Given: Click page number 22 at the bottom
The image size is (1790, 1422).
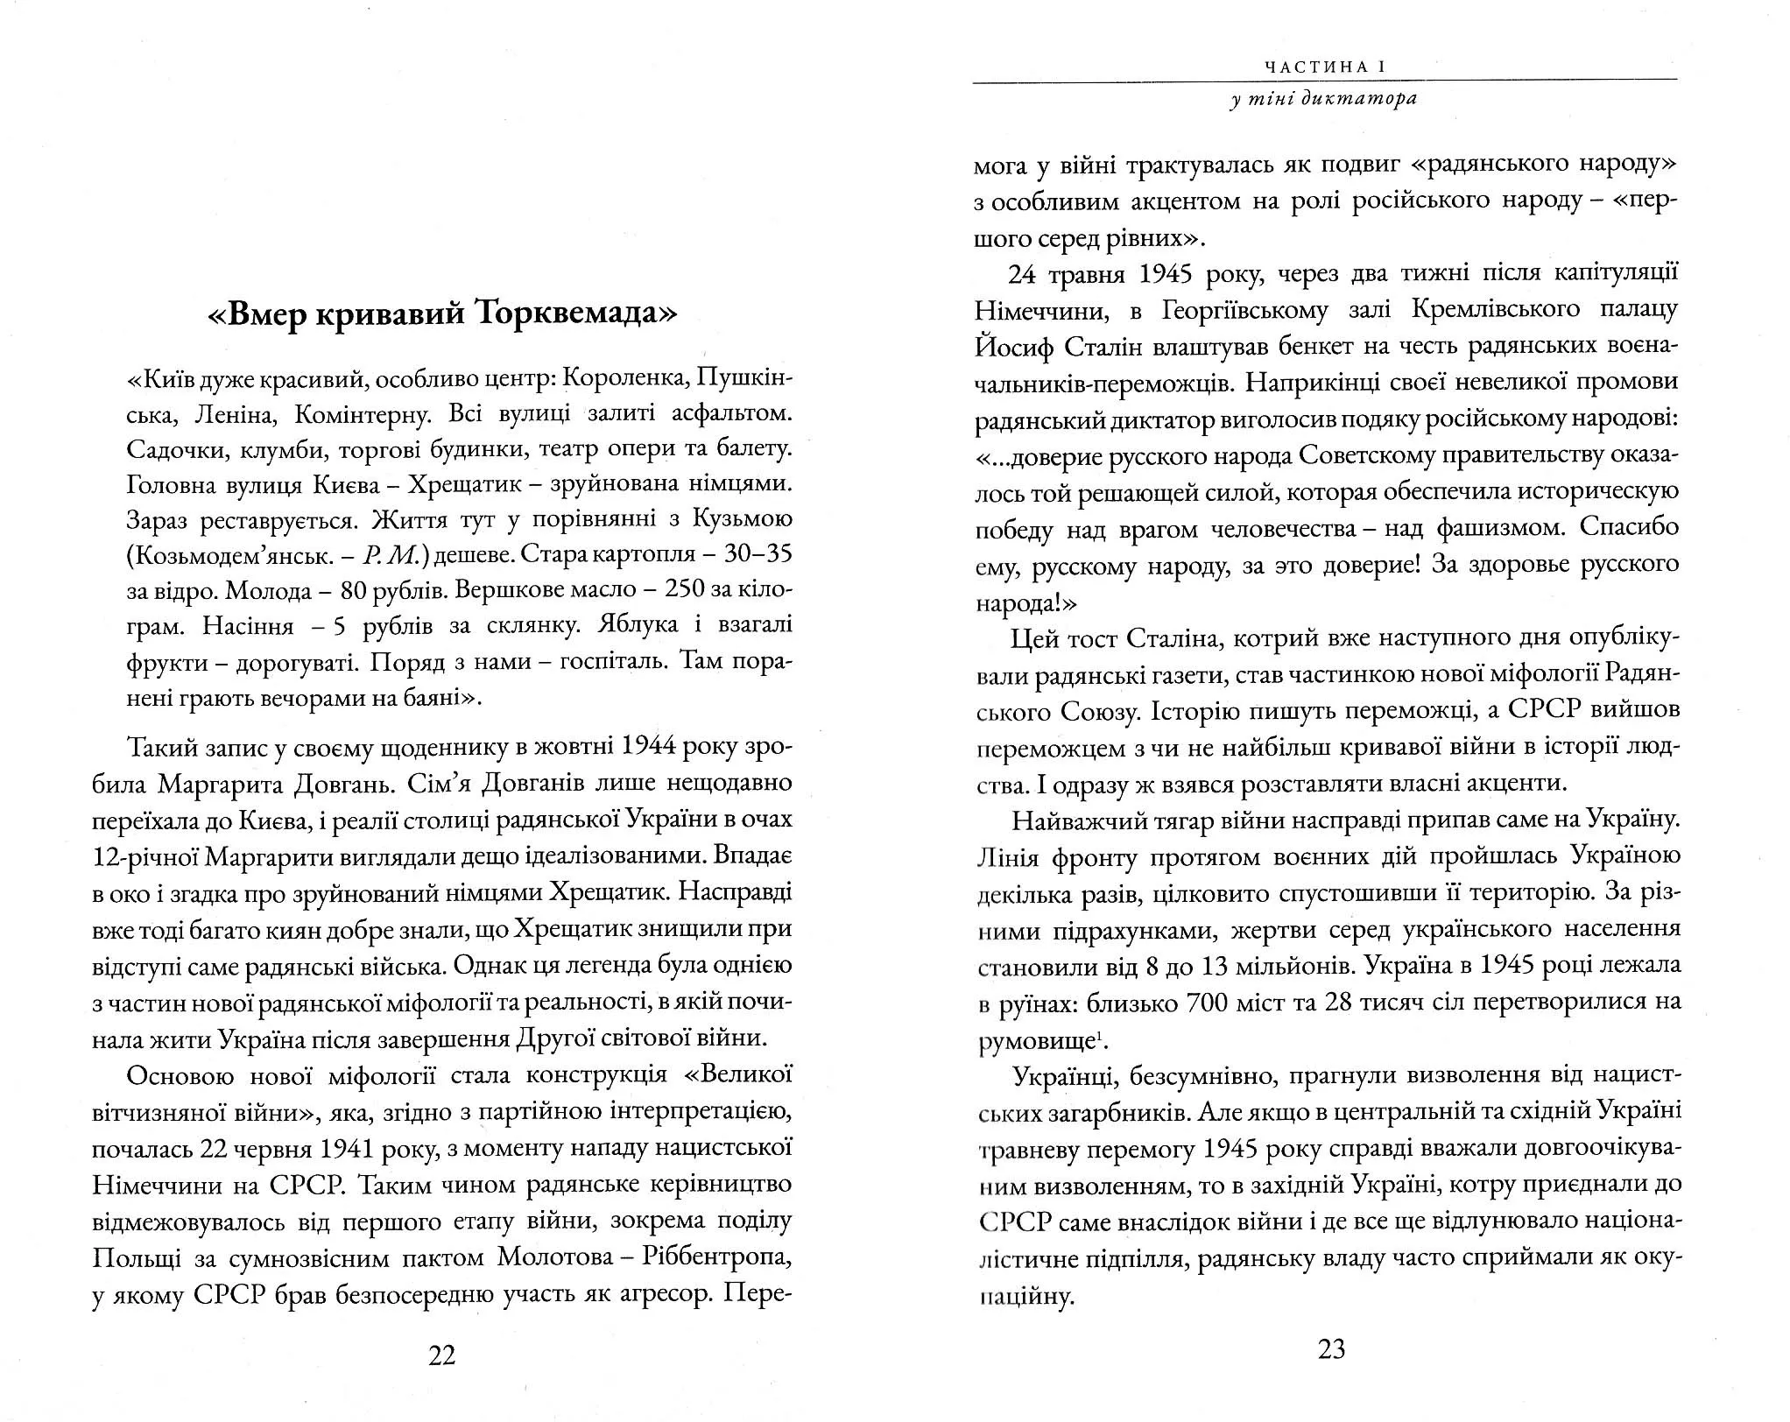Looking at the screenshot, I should (x=442, y=1355).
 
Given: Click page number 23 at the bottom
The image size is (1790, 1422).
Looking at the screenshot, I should (x=1331, y=1349).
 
